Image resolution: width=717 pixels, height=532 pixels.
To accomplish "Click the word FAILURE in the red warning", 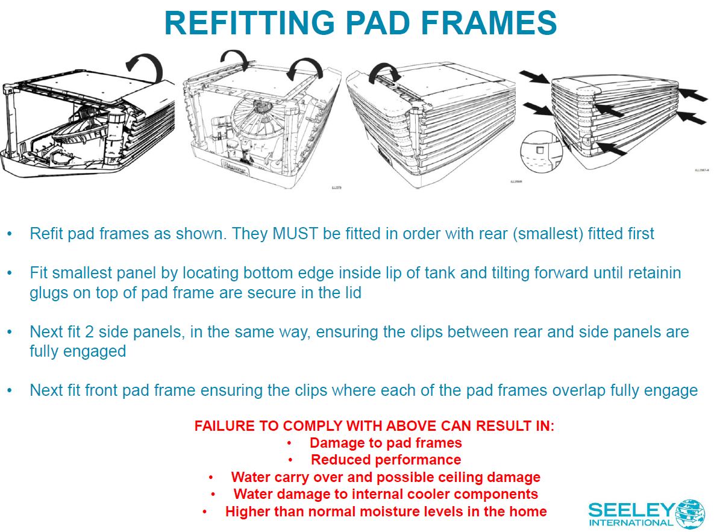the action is (x=224, y=426).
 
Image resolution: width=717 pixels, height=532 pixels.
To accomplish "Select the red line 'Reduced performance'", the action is (x=386, y=460).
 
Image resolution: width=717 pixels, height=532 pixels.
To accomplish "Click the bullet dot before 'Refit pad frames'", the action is (x=10, y=234).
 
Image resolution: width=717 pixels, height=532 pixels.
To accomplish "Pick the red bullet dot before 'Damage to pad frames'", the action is (x=289, y=443).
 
